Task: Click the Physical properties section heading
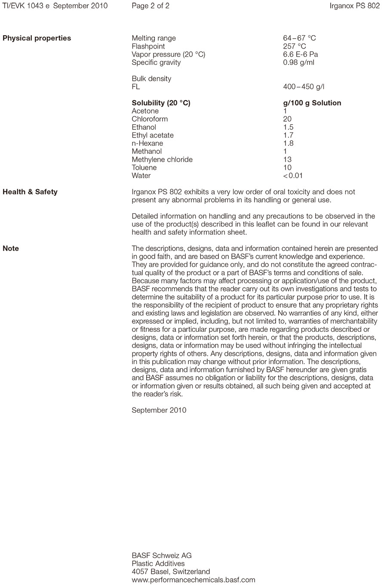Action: [37, 38]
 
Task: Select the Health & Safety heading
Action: [30, 192]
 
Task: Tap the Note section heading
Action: [11, 249]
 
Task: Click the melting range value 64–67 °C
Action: [299, 38]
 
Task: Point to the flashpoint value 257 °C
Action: [295, 46]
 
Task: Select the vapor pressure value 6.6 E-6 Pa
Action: [301, 55]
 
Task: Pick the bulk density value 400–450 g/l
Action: [304, 87]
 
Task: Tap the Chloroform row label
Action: [150, 119]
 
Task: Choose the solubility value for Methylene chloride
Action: [287, 159]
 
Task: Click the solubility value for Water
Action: [293, 176]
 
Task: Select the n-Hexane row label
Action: [147, 144]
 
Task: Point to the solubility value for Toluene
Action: [287, 168]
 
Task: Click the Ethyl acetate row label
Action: [153, 135]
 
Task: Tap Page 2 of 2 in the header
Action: [150, 6]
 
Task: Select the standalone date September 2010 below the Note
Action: [159, 410]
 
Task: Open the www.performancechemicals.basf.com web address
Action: [193, 580]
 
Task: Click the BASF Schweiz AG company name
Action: [162, 555]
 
